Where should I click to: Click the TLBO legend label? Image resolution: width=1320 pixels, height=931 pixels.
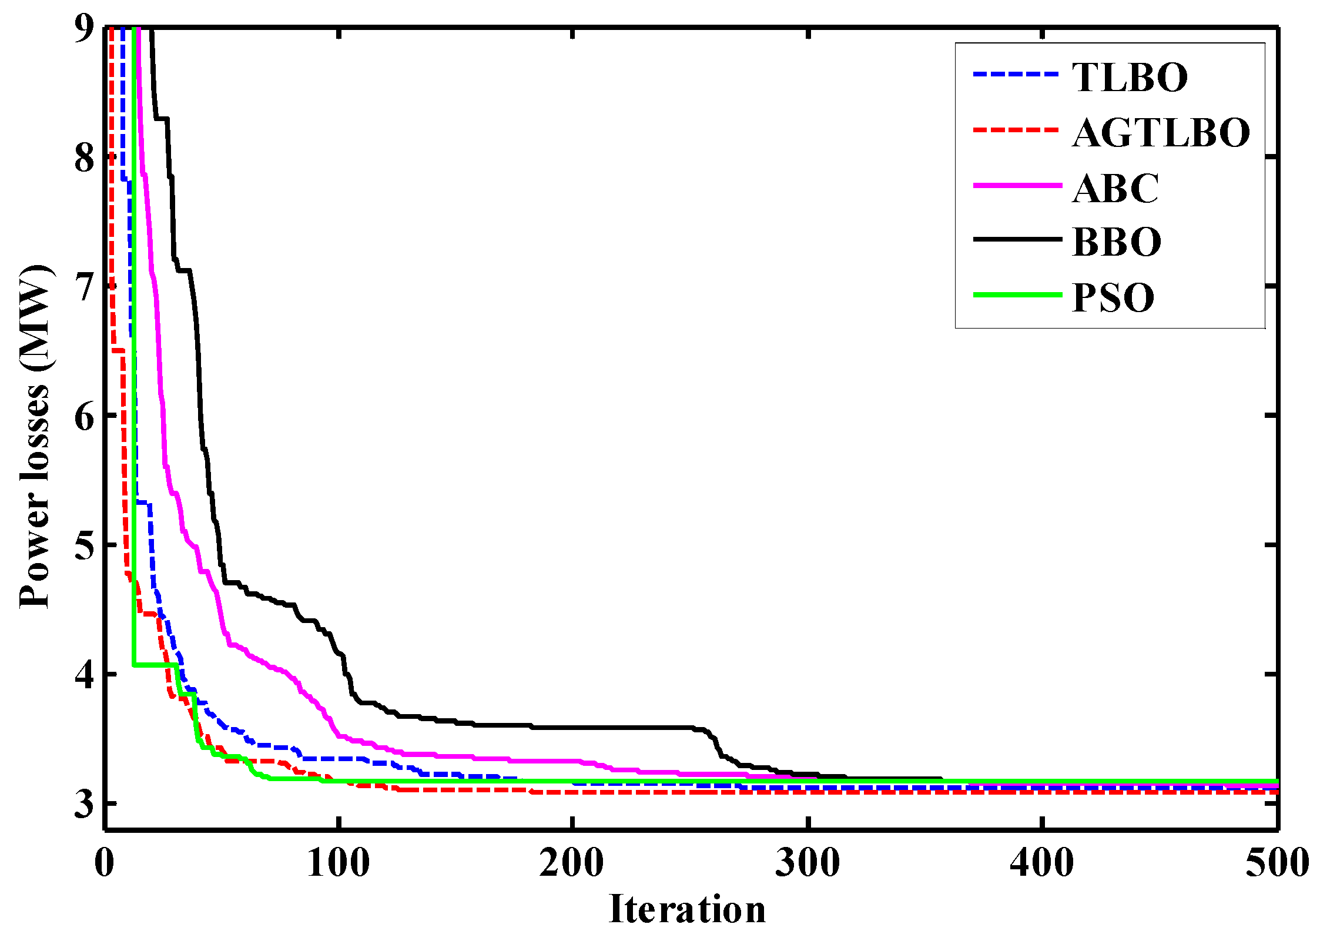pyautogui.click(x=1130, y=77)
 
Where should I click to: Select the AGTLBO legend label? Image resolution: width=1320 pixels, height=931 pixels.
pyautogui.click(x=1161, y=132)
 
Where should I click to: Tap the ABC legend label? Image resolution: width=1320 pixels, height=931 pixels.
pyautogui.click(x=1115, y=188)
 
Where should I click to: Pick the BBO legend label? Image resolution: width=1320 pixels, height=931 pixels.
pyautogui.click(x=1117, y=242)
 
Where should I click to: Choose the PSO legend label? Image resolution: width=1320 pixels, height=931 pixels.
pyautogui.click(x=1113, y=297)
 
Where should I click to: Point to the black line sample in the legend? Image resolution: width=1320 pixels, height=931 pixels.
pyautogui.click(x=1017, y=239)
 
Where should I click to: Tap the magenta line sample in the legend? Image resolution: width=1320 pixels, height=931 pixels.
pyautogui.click(x=1017, y=185)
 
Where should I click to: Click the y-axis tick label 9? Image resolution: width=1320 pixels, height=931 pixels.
pyautogui.click(x=84, y=28)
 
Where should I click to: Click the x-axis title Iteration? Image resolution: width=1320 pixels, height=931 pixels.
pyautogui.click(x=688, y=909)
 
